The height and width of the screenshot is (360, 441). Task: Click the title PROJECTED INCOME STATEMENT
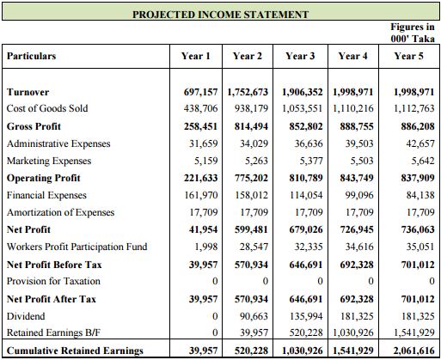tap(220, 15)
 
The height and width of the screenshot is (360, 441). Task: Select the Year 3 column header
tap(300, 56)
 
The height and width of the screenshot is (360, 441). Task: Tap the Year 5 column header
tap(408, 56)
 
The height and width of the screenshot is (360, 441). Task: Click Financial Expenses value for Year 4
tap(356, 195)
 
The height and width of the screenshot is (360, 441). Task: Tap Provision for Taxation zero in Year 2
tap(265, 282)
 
